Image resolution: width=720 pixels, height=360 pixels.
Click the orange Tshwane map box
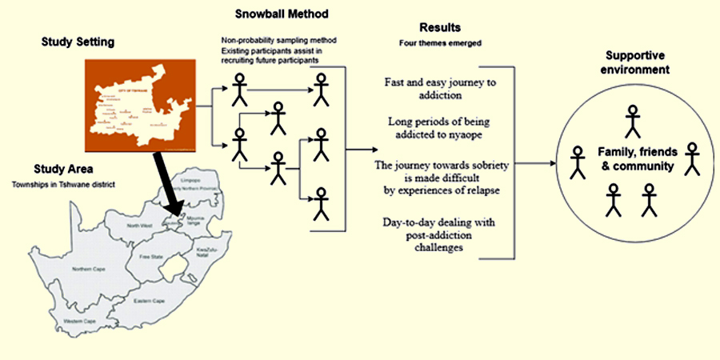click(138, 106)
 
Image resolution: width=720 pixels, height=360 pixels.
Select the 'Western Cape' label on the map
click(82, 322)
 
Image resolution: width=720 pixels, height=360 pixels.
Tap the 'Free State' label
click(150, 257)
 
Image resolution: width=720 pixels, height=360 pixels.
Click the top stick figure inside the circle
click(633, 120)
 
